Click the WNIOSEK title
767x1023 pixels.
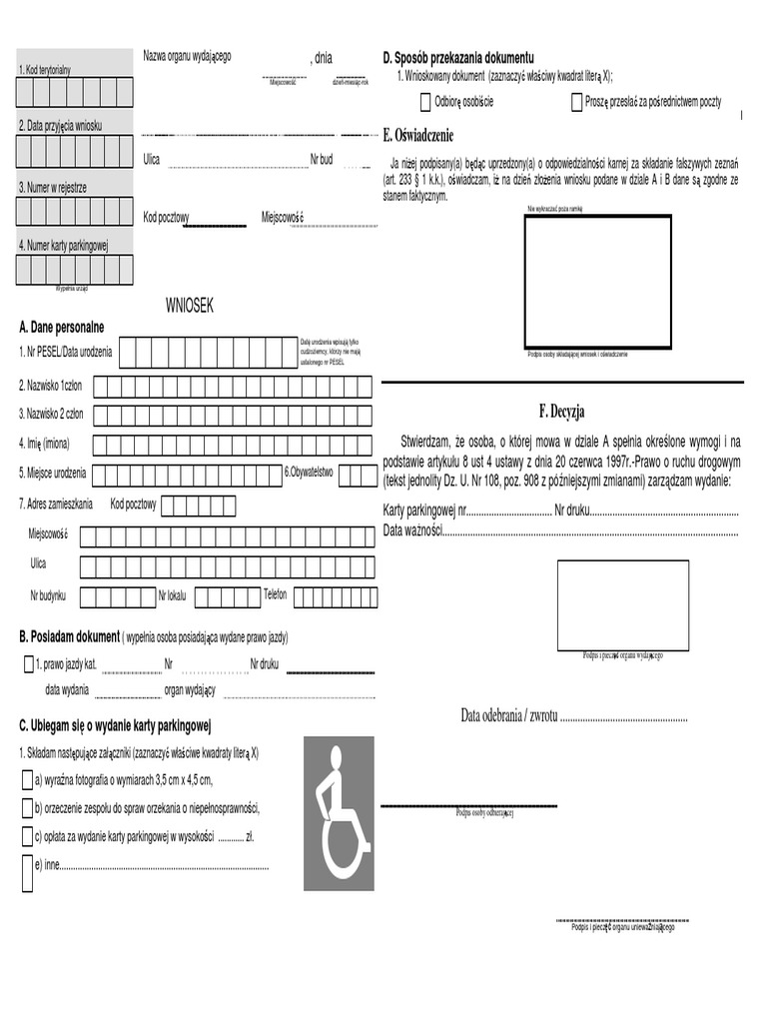[x=189, y=306]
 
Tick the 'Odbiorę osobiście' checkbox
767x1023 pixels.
[x=426, y=102]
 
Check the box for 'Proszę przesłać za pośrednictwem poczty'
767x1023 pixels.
[x=577, y=102]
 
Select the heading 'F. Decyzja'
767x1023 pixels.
[x=560, y=412]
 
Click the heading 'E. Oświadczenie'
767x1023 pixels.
[x=418, y=135]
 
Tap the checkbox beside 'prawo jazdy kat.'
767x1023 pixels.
[x=28, y=664]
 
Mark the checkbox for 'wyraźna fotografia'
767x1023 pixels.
[x=27, y=780]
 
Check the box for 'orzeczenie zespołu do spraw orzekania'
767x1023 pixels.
[x=27, y=807]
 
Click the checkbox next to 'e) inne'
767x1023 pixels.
[x=27, y=871]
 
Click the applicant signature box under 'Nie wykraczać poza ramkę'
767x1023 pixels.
[x=599, y=279]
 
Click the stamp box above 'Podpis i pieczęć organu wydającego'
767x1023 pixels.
[x=622, y=604]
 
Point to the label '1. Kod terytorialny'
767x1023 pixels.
[x=45, y=70]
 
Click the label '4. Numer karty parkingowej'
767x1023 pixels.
[x=63, y=245]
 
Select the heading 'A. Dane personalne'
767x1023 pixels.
[x=61, y=328]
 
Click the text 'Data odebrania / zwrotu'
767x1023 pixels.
[x=508, y=716]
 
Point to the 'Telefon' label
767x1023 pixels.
[x=275, y=594]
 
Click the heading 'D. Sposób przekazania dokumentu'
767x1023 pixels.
[x=458, y=58]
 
